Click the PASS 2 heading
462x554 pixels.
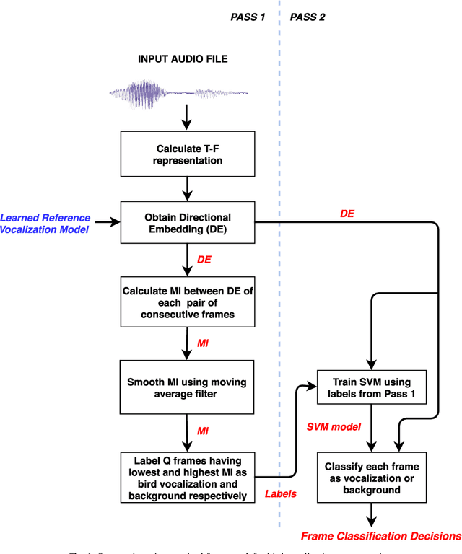(308, 17)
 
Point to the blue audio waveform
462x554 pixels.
(178, 92)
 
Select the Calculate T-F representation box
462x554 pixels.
(188, 154)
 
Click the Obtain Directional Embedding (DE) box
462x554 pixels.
(188, 223)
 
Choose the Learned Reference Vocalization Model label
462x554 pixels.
(45, 223)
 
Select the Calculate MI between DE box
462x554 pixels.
(188, 303)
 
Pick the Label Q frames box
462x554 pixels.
(188, 478)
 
